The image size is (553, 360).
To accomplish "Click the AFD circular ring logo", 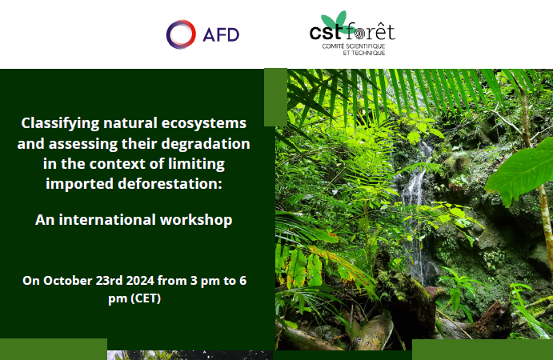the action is click(172, 34).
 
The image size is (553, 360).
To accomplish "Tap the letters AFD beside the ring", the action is click(221, 34).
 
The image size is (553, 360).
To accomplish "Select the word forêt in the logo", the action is click(371, 32).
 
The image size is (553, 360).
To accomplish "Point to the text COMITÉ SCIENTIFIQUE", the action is click(354, 46).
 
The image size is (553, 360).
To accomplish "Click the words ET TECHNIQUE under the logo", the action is click(364, 53).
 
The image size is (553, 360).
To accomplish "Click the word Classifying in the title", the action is click(60, 124).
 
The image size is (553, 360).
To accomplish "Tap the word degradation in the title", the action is click(206, 144).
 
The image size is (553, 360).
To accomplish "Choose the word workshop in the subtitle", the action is click(196, 220).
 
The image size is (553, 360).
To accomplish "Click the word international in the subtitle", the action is click(107, 220).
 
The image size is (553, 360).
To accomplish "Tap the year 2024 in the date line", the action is click(140, 281).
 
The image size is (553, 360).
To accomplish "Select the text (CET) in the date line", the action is click(146, 298).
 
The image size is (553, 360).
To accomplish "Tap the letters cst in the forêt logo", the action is click(327, 33).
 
